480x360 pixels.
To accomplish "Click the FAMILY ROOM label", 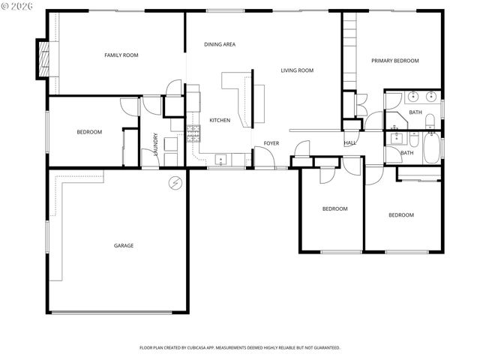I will tap(121, 55).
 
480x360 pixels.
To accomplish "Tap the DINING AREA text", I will tap(220, 44).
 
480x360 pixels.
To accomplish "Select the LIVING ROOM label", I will tap(297, 70).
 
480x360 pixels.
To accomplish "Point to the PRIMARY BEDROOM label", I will tap(394, 61).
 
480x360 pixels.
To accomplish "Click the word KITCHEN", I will tap(220, 120).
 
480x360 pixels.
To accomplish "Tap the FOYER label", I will tap(271, 143).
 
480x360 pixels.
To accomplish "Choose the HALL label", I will tap(350, 142).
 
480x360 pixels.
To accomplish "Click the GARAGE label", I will tap(124, 245).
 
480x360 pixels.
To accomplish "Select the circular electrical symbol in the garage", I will tap(175, 182).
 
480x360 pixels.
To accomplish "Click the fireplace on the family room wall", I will tap(43, 58).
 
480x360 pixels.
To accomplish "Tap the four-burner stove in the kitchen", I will tap(193, 134).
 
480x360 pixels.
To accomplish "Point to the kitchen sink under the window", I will tap(220, 159).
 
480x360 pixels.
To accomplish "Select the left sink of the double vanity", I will tap(413, 97).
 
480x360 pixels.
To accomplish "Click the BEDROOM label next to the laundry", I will tap(89, 132).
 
